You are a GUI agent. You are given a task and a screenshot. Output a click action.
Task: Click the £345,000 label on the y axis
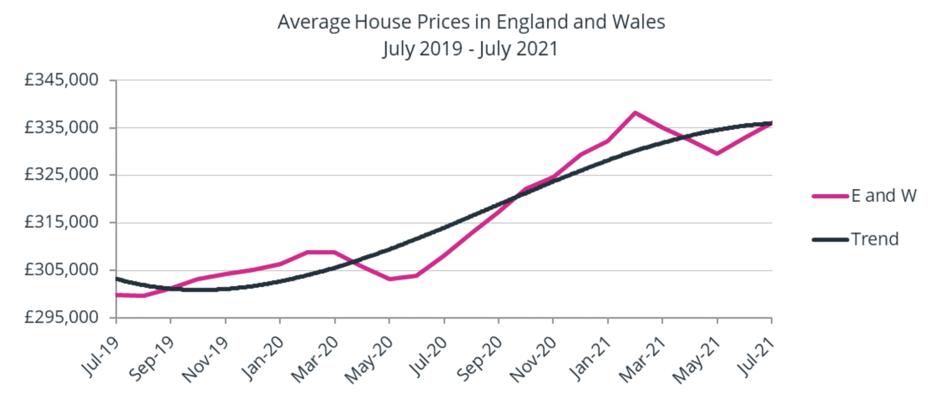(61, 80)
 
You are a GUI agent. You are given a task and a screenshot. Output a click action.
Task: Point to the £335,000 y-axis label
(61, 127)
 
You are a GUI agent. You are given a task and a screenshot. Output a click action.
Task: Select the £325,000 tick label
(61, 174)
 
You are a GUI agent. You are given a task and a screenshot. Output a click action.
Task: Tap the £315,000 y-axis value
(61, 222)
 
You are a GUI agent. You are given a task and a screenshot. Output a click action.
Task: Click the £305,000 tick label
(61, 270)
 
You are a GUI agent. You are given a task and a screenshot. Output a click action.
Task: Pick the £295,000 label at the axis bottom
(61, 317)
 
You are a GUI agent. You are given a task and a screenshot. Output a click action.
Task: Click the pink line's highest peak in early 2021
(635, 113)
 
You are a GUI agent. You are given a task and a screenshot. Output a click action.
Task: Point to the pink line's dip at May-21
(717, 153)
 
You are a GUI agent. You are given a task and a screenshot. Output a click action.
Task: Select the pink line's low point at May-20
(390, 279)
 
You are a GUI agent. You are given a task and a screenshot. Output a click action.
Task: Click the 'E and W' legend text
(884, 196)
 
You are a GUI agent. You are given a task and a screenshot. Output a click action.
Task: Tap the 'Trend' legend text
(875, 239)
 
